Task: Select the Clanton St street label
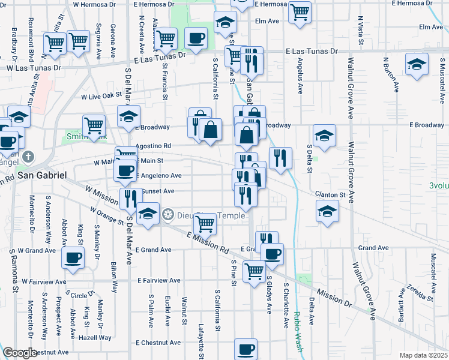click(x=331, y=194)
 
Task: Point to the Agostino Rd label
click(x=154, y=146)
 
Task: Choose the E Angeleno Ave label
click(x=159, y=176)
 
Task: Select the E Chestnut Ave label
click(x=158, y=343)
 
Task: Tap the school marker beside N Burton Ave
click(x=417, y=63)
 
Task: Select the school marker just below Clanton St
click(x=327, y=211)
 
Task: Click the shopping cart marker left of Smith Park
click(x=94, y=125)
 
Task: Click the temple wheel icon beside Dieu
click(x=169, y=215)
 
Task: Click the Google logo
click(x=20, y=353)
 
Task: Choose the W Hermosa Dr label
click(x=94, y=4)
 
